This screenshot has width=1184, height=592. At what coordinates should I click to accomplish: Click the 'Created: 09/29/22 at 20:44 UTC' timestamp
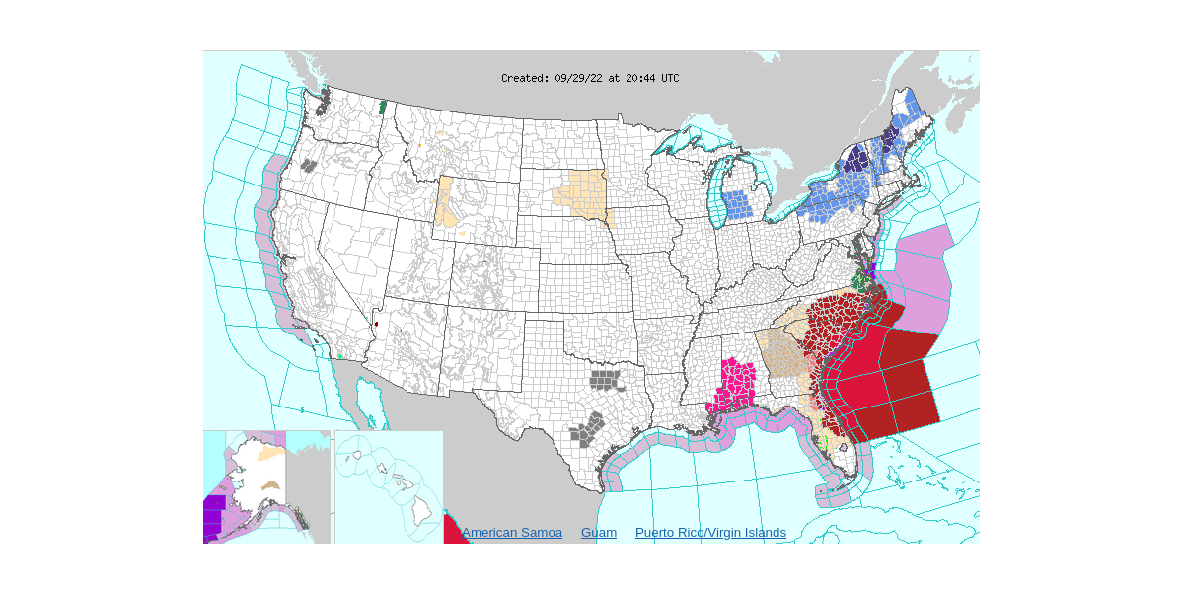click(589, 78)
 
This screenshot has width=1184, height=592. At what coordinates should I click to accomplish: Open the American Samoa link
click(511, 533)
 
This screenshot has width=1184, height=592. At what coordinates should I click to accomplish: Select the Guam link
click(598, 533)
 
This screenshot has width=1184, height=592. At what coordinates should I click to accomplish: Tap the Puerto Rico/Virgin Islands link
click(710, 533)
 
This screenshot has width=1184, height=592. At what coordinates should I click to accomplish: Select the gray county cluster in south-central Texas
click(588, 429)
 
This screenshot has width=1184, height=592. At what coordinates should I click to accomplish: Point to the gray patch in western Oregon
click(309, 166)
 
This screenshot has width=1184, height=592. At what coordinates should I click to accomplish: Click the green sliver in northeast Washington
click(383, 106)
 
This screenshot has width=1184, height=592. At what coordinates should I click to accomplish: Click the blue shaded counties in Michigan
click(736, 205)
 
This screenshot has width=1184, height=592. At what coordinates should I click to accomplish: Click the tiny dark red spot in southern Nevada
click(376, 324)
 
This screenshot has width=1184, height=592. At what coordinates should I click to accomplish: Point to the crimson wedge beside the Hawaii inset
click(453, 529)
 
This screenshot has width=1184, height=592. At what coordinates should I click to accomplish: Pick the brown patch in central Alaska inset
click(272, 485)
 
